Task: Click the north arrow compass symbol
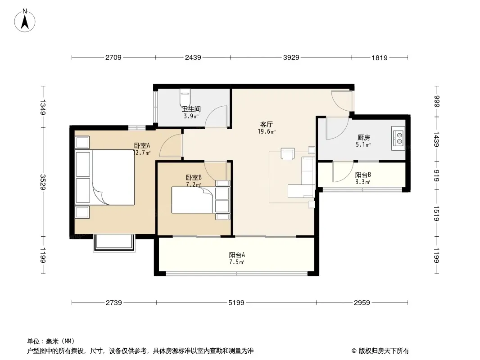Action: click(25, 20)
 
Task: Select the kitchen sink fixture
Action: click(398, 138)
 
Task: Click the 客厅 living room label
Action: click(266, 125)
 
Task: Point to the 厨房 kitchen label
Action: click(363, 138)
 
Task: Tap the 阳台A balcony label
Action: click(237, 255)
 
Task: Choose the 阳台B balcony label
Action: click(363, 175)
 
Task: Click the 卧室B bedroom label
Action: click(194, 177)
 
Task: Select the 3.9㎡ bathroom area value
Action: click(191, 116)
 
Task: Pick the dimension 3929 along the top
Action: click(291, 58)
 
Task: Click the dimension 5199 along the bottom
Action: click(236, 303)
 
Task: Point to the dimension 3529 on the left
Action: click(43, 182)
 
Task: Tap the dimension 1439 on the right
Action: click(436, 139)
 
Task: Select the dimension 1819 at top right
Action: click(380, 58)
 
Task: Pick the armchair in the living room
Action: click(288, 154)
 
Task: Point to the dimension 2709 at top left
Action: click(113, 58)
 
